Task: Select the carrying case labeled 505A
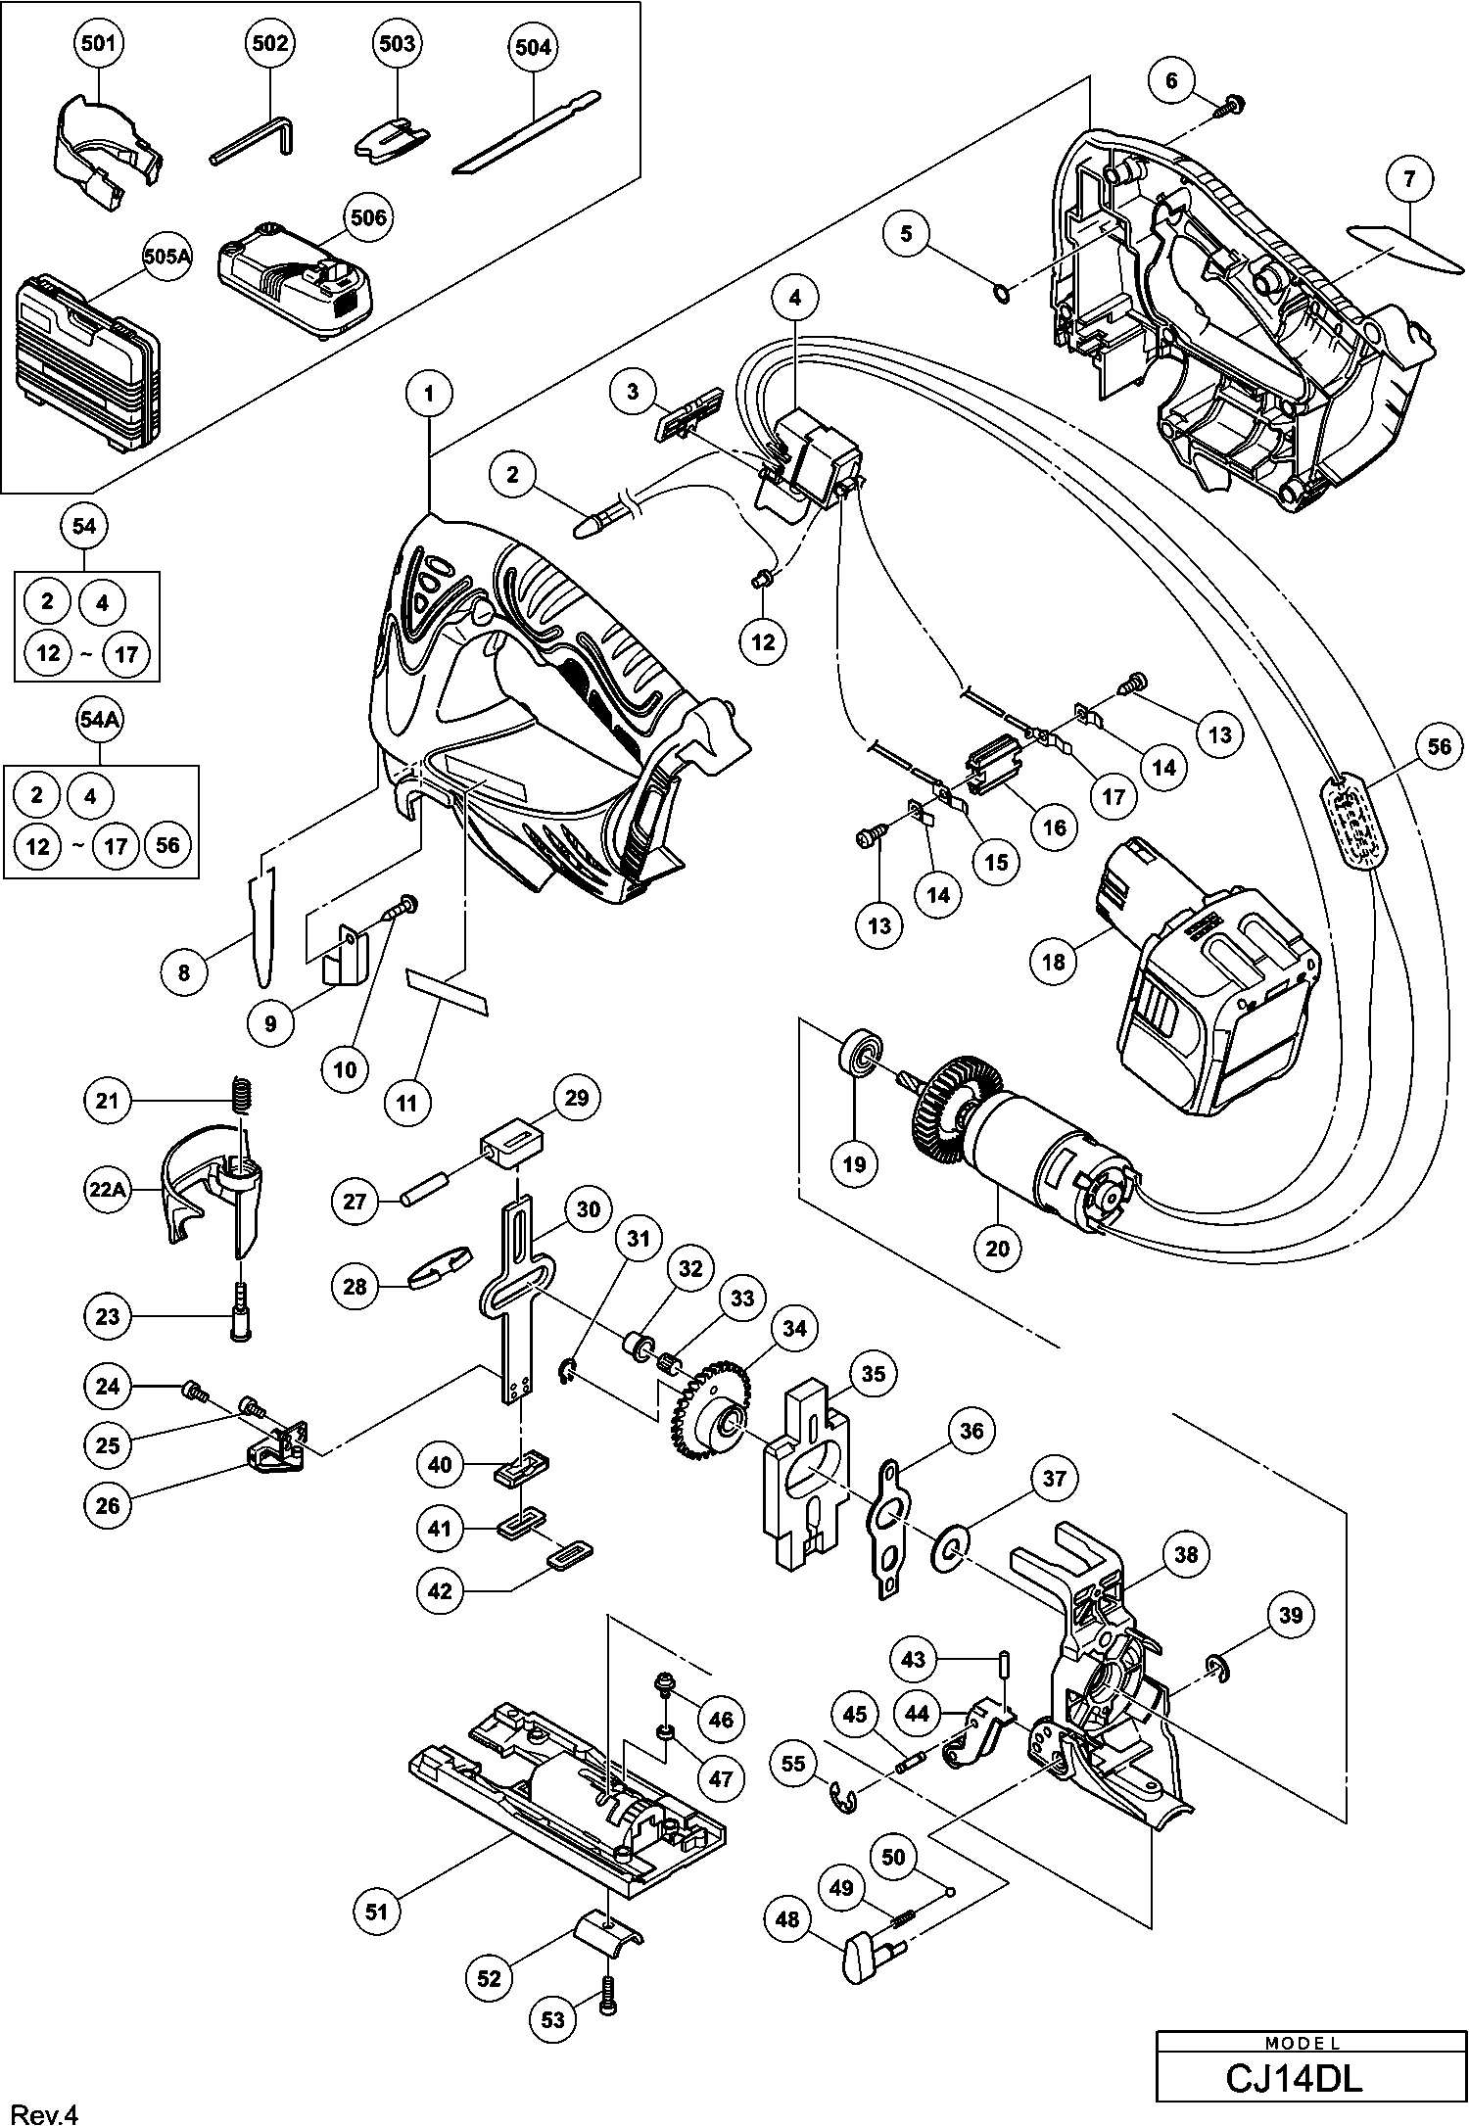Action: pyautogui.click(x=86, y=367)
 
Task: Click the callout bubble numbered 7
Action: pyautogui.click(x=1409, y=179)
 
